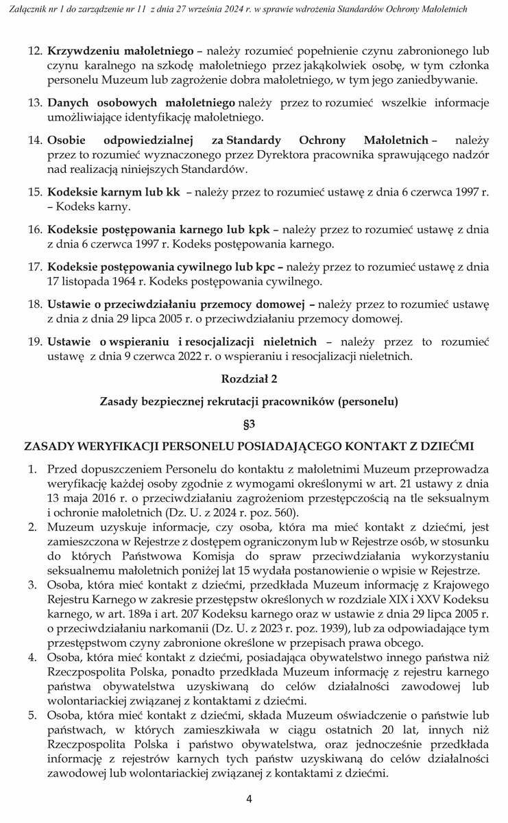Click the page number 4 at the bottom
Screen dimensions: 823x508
[x=250, y=798]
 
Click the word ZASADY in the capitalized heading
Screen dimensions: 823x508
[x=49, y=446]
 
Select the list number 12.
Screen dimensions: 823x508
[x=34, y=51]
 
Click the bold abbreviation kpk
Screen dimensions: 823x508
[x=256, y=229]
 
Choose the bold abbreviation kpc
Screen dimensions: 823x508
[x=268, y=267]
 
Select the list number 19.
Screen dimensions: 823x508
[x=34, y=341]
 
